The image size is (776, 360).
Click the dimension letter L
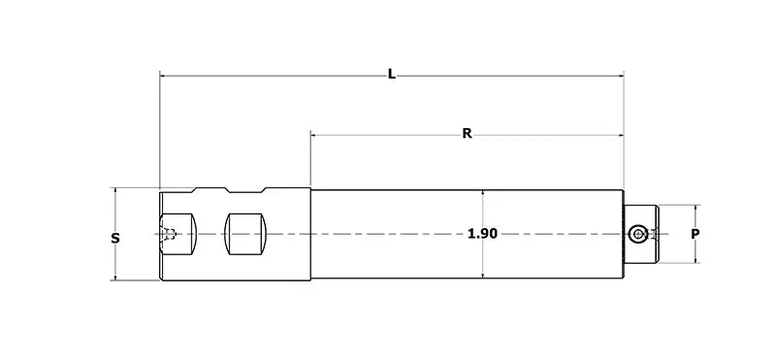(391, 74)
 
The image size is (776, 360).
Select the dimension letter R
(467, 133)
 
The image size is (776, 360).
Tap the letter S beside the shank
(115, 238)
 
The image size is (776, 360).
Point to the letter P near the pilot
(695, 234)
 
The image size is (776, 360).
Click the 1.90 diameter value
(482, 234)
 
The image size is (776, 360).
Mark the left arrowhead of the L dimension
(164, 75)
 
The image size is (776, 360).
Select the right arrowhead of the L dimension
(620, 75)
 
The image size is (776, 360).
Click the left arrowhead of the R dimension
(314, 134)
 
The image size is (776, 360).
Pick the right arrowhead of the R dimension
(620, 134)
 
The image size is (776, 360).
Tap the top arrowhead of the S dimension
(115, 191)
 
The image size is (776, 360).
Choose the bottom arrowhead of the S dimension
(115, 278)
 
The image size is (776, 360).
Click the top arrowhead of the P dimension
(695, 209)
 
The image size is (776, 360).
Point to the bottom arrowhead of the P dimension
(695, 259)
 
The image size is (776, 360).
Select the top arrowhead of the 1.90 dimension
(482, 191)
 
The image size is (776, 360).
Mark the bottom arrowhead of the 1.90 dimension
(482, 278)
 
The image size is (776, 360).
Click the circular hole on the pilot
(637, 234)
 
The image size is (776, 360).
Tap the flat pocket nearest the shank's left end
(179, 234)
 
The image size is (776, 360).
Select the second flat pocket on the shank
(244, 234)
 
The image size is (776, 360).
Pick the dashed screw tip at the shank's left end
(169, 234)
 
